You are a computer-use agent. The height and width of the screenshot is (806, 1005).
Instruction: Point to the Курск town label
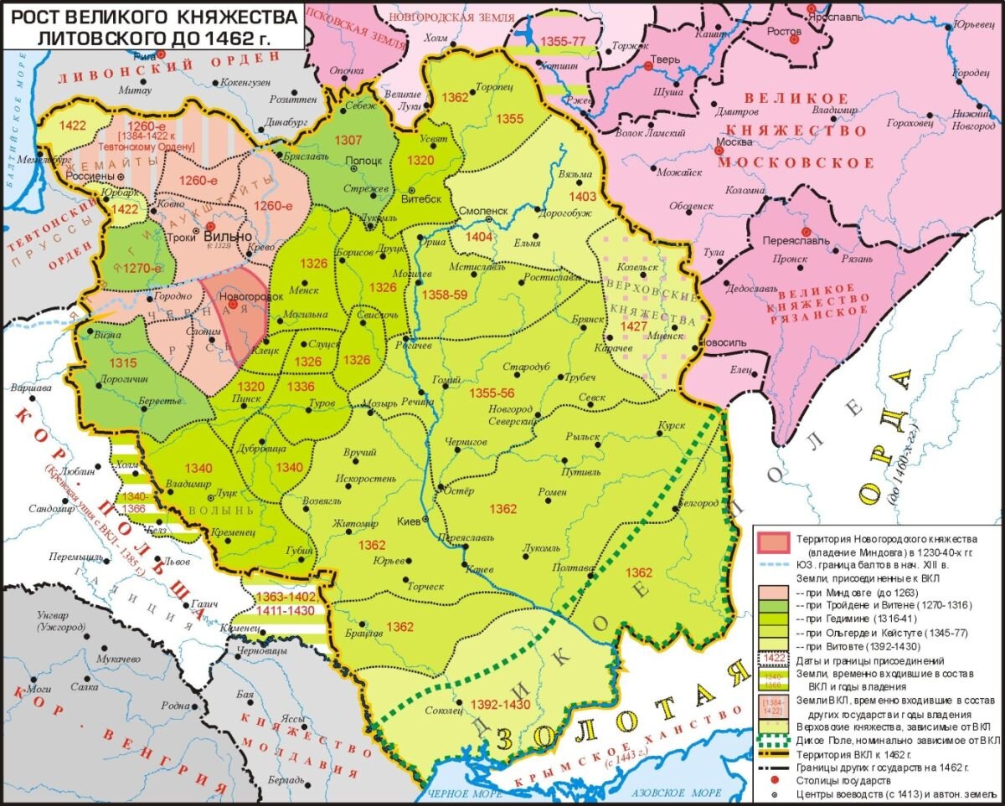(x=672, y=424)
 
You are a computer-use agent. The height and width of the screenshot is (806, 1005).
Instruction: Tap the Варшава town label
(x=27, y=389)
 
